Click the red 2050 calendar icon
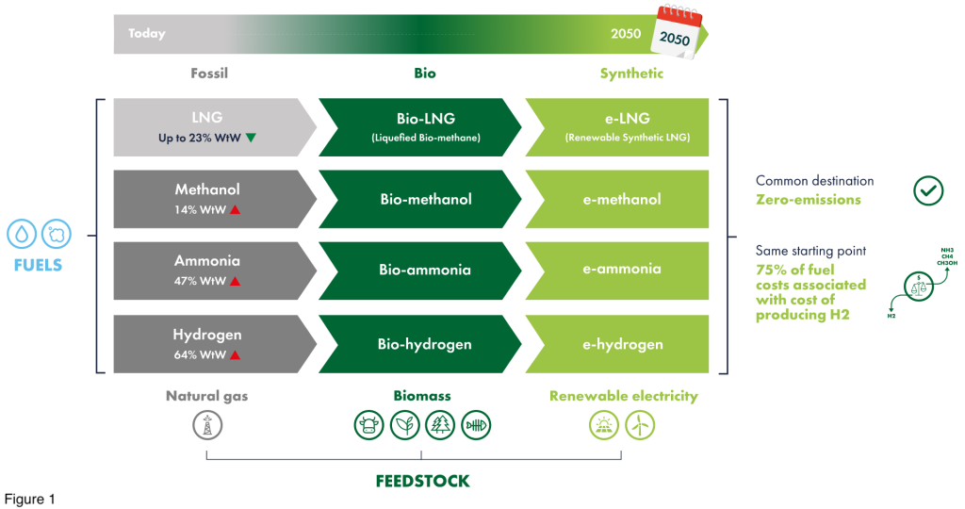[678, 32]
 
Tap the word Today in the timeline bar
[146, 33]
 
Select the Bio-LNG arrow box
[420, 127]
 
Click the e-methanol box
[617, 199]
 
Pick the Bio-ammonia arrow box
[420, 271]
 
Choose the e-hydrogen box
[617, 344]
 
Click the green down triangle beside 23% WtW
[251, 138]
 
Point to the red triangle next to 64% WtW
[235, 354]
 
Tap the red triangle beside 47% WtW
[235, 281]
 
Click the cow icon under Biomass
[368, 425]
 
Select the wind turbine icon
[640, 425]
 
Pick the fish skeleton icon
[476, 425]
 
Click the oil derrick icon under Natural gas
[207, 425]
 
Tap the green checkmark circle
[928, 190]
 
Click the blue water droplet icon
[22, 235]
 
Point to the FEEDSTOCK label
[423, 481]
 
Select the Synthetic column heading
[631, 74]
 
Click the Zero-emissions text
[808, 200]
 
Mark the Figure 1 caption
[30, 499]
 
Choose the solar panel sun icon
[604, 425]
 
